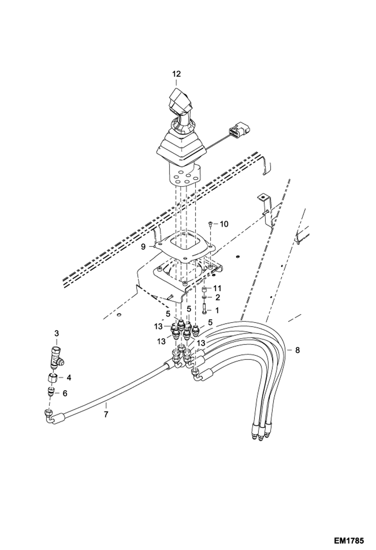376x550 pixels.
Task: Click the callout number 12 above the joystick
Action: (176, 74)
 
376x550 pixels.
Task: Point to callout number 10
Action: (224, 224)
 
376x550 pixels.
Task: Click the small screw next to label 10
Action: (210, 224)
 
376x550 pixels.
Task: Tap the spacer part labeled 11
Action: (204, 290)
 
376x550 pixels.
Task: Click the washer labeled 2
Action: (204, 297)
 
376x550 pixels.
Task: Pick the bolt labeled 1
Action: (204, 309)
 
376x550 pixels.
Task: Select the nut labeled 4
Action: (52, 378)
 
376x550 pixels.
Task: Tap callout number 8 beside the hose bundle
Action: (297, 350)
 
